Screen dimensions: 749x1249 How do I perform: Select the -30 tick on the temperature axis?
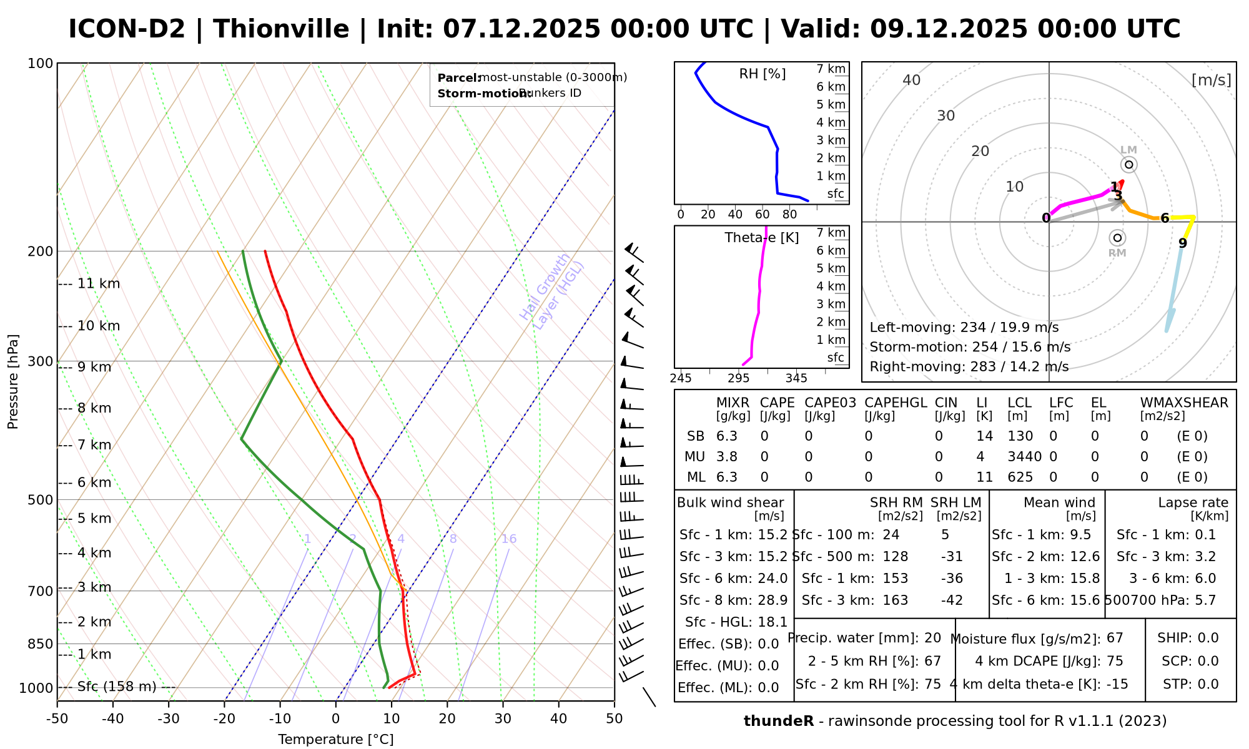[168, 719]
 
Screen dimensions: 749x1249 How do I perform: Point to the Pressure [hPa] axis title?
[13, 381]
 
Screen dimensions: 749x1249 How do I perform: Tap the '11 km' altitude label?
[98, 284]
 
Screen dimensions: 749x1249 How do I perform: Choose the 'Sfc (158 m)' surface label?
[117, 687]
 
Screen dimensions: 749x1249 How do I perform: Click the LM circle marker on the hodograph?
[1128, 165]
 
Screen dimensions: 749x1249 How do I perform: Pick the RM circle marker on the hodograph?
[1117, 238]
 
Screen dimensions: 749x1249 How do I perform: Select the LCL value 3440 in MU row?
[1024, 457]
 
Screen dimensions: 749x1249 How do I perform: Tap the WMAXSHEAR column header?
[1184, 403]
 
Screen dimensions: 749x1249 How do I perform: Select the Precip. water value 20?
[932, 638]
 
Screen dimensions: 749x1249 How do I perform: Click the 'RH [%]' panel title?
[762, 74]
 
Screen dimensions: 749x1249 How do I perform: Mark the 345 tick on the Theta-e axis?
[796, 378]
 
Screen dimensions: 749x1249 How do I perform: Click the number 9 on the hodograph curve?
[1182, 243]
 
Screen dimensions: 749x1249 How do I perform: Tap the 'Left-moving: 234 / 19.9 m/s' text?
[964, 328]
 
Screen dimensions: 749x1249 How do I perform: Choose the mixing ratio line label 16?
[509, 539]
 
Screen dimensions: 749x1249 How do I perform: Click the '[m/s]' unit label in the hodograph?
[1211, 80]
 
